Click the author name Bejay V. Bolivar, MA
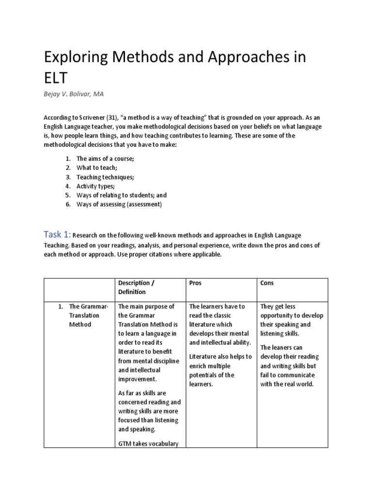click(74, 94)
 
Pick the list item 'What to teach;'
click(96, 168)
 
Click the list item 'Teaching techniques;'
click(105, 177)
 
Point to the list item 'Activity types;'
click(97, 186)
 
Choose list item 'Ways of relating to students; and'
click(121, 195)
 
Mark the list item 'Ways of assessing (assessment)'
click(119, 204)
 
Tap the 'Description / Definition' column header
click(137, 287)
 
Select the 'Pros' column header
click(195, 283)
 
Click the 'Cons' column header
click(267, 283)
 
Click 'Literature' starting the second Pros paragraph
click(204, 356)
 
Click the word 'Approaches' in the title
click(248, 58)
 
